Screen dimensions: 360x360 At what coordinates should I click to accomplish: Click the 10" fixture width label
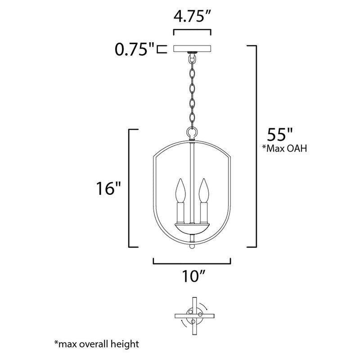tap(192, 275)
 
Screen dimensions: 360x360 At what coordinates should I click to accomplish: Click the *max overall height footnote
tap(96, 344)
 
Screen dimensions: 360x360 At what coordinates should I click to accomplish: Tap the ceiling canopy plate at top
tap(193, 49)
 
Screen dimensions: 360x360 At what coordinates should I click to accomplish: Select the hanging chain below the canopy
tap(193, 90)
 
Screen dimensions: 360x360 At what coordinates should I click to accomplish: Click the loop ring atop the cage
tap(193, 133)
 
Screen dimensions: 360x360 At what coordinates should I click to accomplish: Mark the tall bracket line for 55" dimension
tap(256, 146)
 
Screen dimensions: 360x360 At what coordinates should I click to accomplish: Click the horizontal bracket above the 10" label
tap(192, 262)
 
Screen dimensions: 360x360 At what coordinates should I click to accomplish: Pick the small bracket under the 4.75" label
tap(192, 31)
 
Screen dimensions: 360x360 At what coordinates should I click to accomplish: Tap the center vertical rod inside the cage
tap(193, 180)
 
